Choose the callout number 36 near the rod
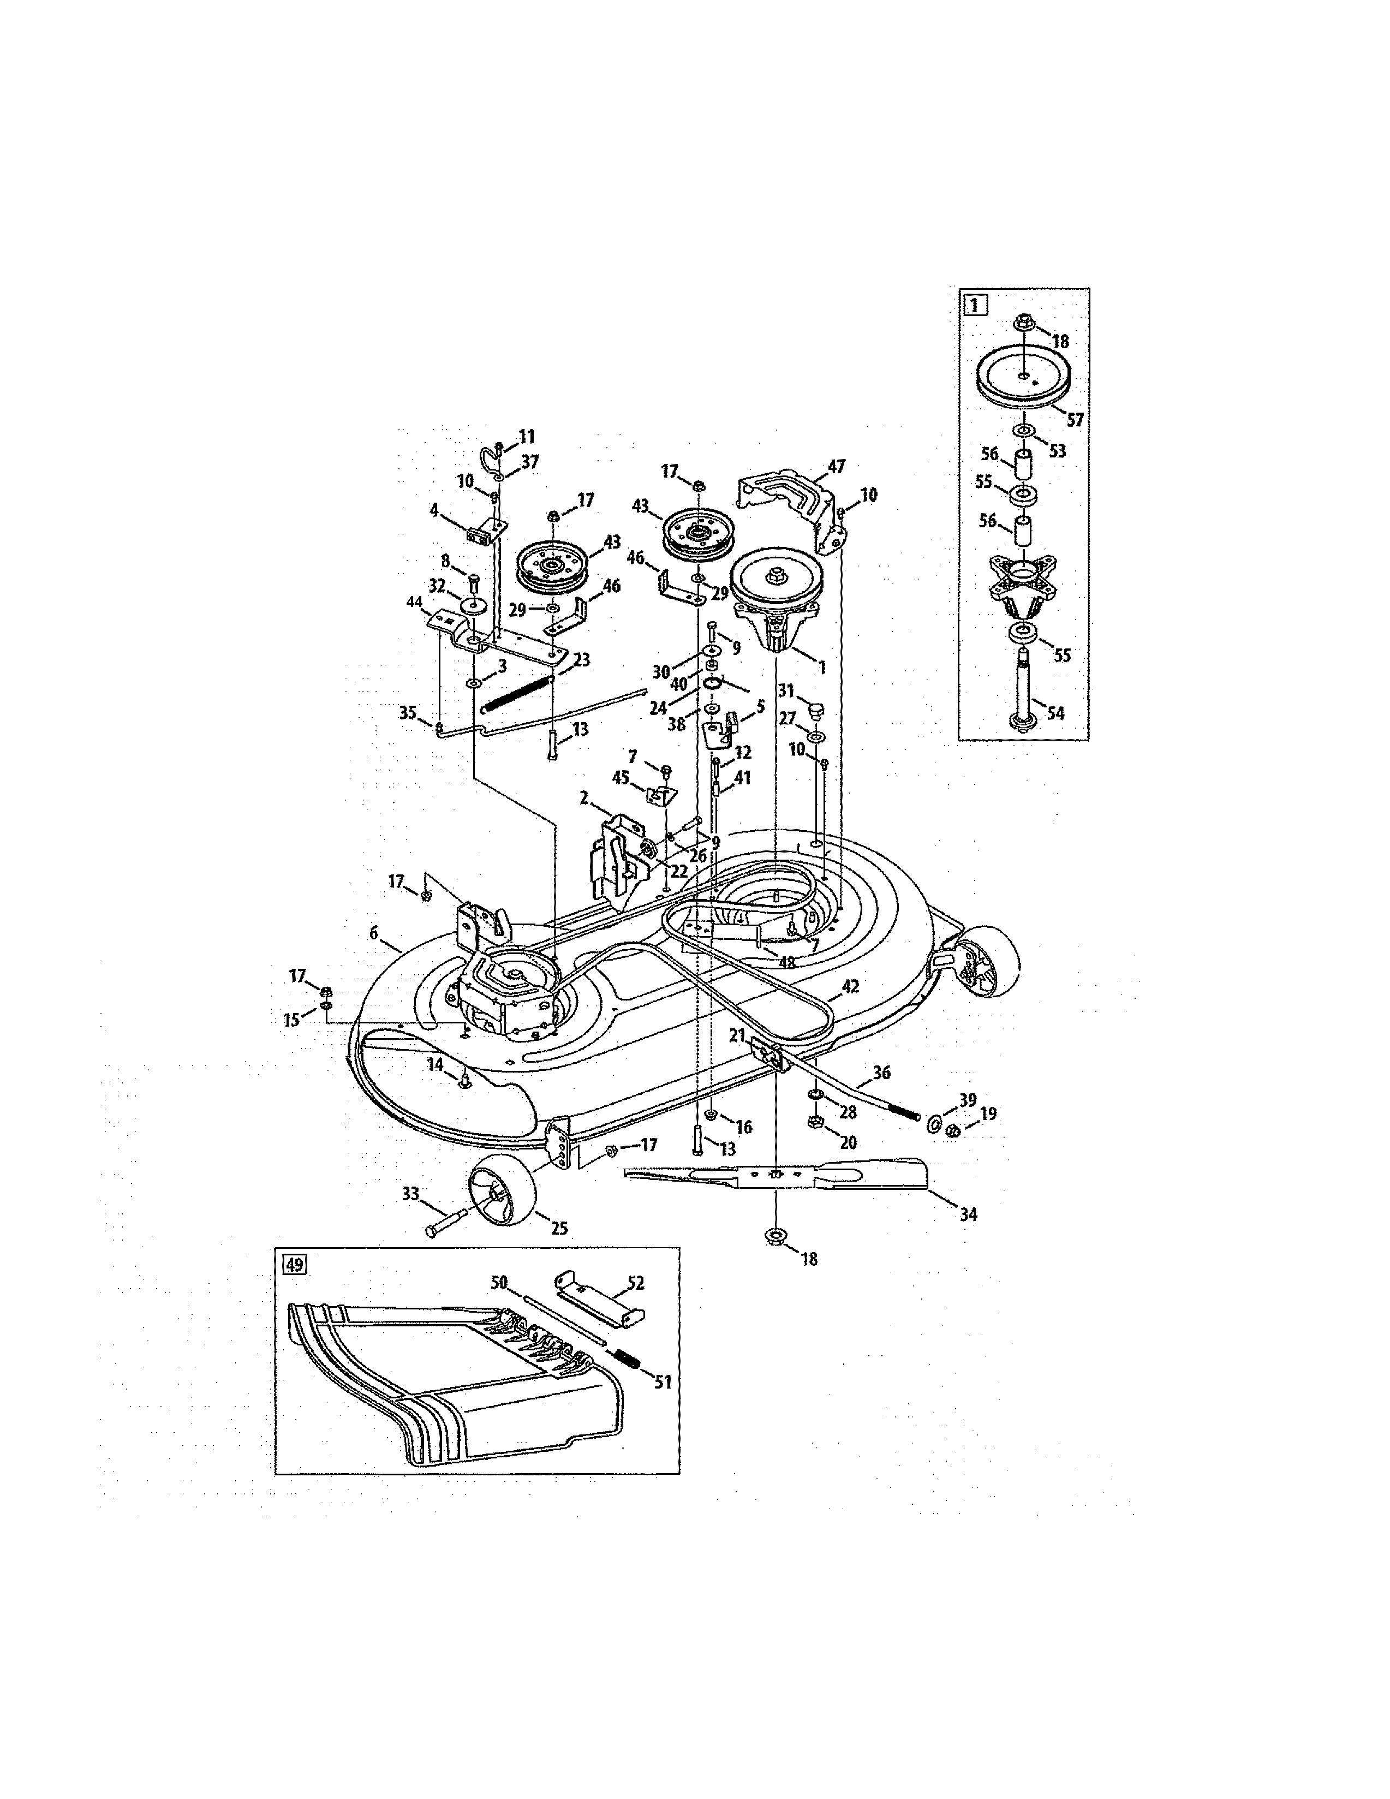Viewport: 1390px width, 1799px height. click(x=881, y=1073)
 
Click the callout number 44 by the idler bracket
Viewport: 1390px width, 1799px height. click(x=414, y=603)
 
